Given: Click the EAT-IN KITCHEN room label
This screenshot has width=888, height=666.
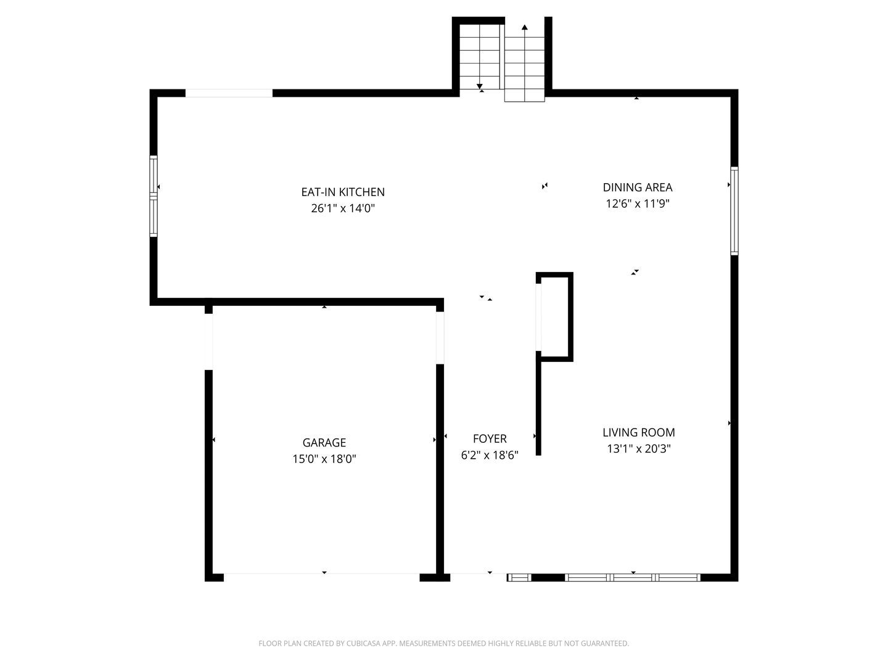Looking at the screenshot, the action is (343, 192).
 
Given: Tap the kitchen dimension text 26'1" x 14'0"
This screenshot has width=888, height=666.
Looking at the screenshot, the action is (343, 208).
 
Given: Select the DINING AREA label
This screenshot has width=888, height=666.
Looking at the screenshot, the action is (637, 187).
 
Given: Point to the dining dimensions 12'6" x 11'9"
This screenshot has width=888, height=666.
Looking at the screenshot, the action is (637, 203).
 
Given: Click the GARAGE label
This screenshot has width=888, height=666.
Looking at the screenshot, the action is (324, 442).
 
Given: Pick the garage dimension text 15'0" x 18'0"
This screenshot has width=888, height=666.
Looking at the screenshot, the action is (324, 459).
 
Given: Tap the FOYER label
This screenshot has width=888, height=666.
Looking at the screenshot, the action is (490, 438).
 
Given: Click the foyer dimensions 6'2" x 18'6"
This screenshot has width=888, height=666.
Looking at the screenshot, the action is (490, 455).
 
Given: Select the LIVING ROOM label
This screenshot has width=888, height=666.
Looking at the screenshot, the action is (638, 432).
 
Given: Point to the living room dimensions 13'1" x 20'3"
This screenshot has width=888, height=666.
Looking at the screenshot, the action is (638, 449).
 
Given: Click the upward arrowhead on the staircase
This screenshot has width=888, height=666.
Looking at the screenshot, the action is (524, 27).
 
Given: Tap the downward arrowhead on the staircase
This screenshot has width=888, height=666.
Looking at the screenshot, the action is (479, 86).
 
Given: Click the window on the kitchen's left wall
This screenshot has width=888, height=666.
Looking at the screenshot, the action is (154, 196).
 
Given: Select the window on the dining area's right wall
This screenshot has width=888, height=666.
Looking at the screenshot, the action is (734, 211).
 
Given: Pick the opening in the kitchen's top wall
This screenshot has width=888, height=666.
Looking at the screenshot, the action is (229, 93).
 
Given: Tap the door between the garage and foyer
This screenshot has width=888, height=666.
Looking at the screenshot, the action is (440, 338).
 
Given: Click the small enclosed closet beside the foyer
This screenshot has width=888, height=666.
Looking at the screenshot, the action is (554, 316).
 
